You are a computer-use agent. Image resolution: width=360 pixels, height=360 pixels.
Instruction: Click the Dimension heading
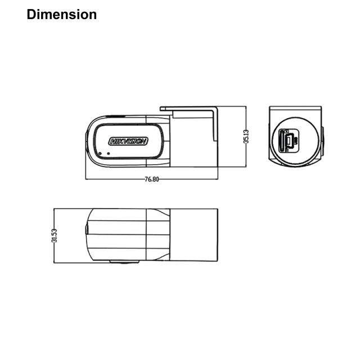(62, 15)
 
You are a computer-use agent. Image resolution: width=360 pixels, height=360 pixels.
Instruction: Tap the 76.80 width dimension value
(151, 179)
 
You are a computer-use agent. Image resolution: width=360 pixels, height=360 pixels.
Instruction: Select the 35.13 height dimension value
(246, 137)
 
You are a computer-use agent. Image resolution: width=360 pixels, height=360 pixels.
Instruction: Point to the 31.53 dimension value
(54, 236)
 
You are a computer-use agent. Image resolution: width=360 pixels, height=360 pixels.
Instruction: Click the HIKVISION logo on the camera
(128, 141)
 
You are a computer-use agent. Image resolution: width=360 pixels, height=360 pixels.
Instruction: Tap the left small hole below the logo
(100, 154)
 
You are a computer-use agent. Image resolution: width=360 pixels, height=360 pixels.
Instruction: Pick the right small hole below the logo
(109, 154)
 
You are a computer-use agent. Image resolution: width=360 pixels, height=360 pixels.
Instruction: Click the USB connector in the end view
(289, 140)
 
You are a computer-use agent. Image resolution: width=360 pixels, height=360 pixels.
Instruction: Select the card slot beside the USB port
(281, 141)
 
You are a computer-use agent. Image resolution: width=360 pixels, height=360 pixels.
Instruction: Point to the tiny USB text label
(296, 141)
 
